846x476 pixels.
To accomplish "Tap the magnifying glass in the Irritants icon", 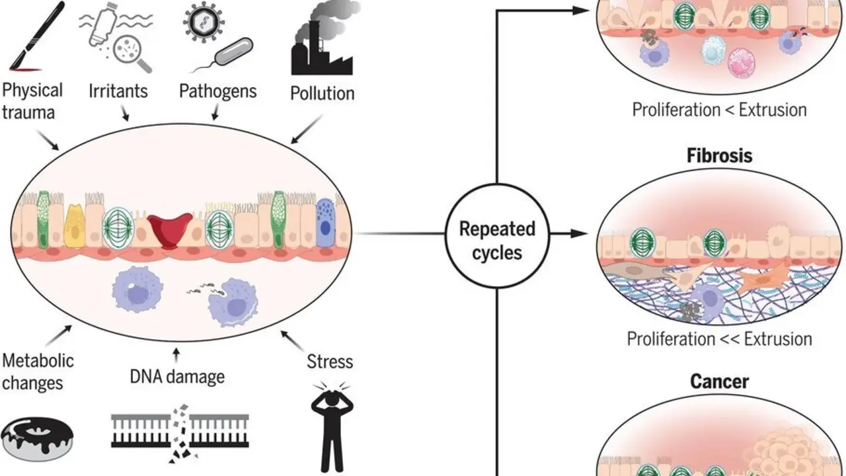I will tap(130, 53).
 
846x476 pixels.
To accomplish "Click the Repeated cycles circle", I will tap(497, 239).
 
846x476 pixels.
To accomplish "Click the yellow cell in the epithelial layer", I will tap(75, 226).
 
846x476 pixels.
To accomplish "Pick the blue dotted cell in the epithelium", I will tap(325, 223).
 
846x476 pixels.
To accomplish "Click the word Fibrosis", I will tap(720, 156).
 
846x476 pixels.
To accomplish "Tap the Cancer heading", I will tap(719, 381).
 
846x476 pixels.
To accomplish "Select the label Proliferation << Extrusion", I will tap(719, 339).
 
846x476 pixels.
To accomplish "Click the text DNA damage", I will tap(176, 377).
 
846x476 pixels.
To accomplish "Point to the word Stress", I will tap(330, 362).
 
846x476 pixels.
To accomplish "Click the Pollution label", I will tap(323, 93).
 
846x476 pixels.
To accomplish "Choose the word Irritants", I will tap(118, 91).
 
